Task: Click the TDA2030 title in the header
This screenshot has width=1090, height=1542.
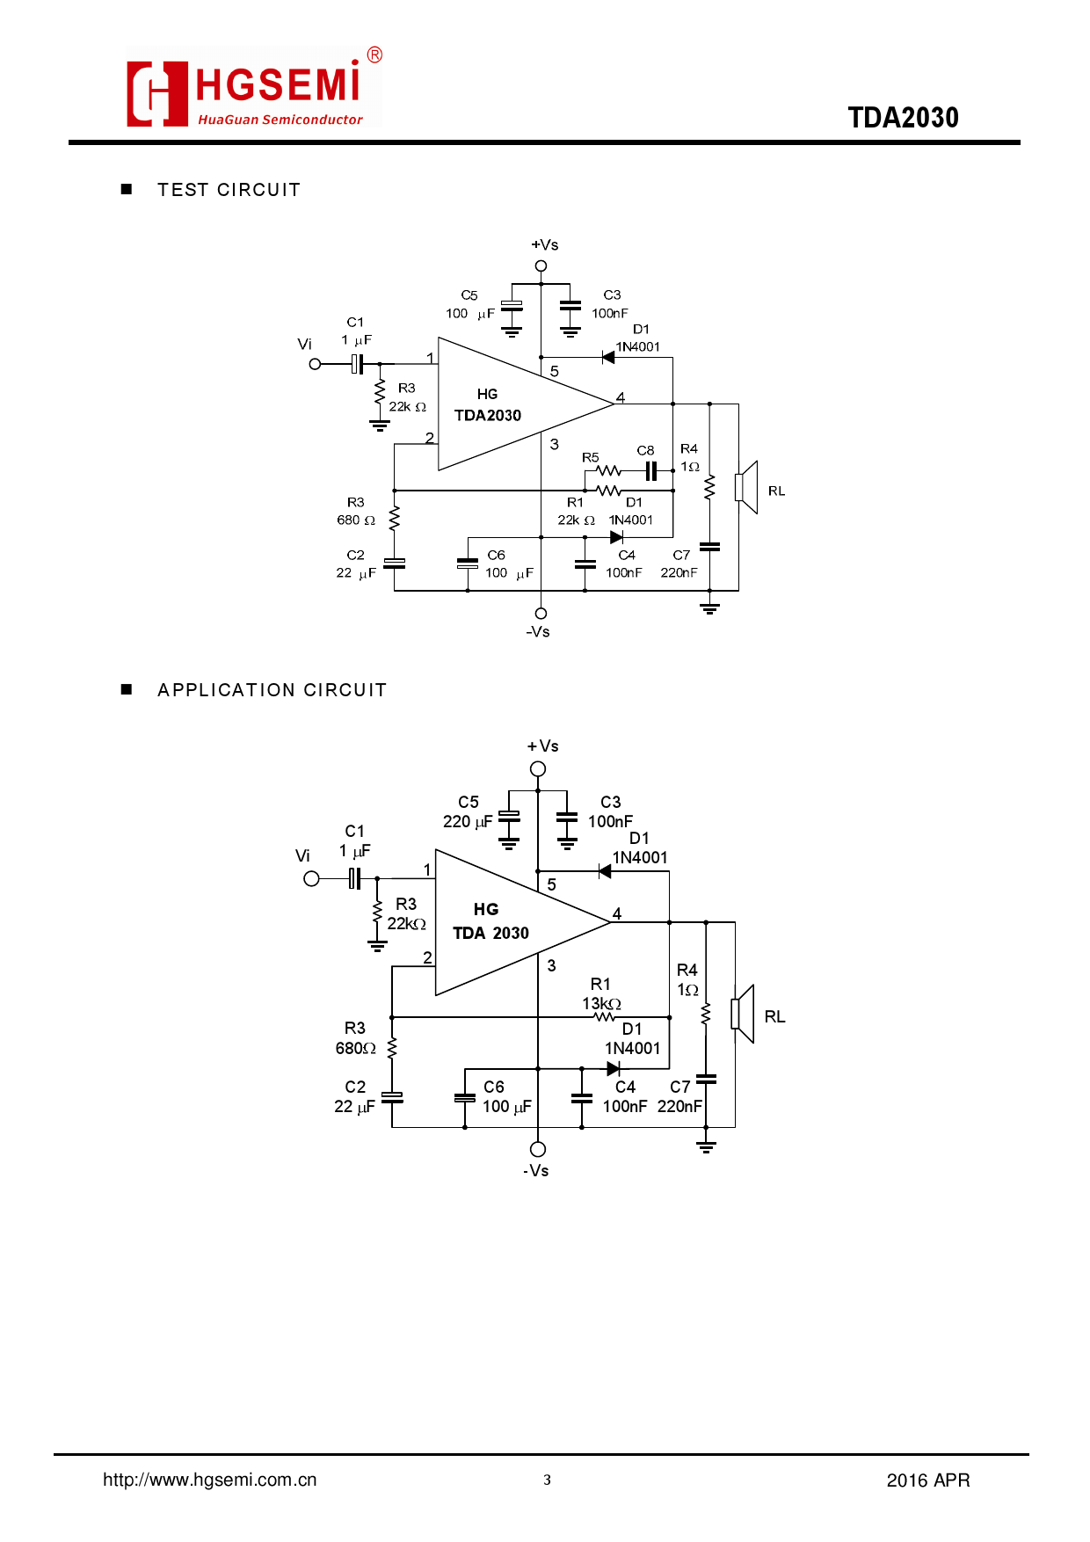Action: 903,118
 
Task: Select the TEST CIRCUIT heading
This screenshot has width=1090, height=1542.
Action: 229,190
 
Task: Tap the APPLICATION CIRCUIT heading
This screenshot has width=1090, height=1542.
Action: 272,690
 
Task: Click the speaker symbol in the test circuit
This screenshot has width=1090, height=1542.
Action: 747,487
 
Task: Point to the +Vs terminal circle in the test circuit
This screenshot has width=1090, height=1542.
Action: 541,265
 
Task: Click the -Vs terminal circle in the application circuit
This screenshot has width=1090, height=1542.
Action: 538,1149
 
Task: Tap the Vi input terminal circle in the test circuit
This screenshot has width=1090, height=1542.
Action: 315,364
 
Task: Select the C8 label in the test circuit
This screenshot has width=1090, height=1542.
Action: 645,450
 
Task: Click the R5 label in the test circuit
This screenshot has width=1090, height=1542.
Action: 591,457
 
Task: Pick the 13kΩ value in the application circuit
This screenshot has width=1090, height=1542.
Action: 601,1003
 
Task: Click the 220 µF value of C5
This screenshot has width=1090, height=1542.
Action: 468,822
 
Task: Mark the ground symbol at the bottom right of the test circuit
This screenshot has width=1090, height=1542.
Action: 709,607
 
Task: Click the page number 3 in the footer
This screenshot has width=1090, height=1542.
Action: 547,1480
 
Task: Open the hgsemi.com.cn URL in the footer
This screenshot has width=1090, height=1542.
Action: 209,1480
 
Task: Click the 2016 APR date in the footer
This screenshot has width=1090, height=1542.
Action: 927,1480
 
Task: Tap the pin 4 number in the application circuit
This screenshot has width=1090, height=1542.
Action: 617,913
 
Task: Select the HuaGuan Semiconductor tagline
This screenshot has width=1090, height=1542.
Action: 280,120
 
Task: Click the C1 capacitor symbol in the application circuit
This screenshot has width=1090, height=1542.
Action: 354,878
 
